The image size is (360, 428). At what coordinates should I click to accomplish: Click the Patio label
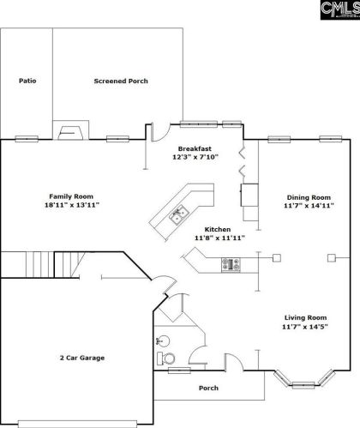pyautogui.click(x=27, y=81)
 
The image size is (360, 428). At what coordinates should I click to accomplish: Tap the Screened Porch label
pyautogui.click(x=121, y=81)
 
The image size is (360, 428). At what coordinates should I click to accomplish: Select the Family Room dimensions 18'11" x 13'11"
pyautogui.click(x=72, y=205)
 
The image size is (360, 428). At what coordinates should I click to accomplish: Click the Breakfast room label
pyautogui.click(x=195, y=148)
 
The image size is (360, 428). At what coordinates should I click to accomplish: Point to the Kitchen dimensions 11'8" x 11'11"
pyautogui.click(x=219, y=238)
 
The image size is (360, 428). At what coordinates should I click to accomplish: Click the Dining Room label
pyautogui.click(x=309, y=197)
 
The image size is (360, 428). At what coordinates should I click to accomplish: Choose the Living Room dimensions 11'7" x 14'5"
pyautogui.click(x=305, y=327)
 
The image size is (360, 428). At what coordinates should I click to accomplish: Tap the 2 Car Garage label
pyautogui.click(x=82, y=358)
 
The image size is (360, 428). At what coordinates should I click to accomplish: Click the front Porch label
pyautogui.click(x=208, y=388)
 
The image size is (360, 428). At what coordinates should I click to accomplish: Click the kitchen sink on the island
pyautogui.click(x=179, y=215)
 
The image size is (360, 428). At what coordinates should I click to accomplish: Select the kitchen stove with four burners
pyautogui.click(x=231, y=265)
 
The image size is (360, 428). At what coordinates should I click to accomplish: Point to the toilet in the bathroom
pyautogui.click(x=166, y=359)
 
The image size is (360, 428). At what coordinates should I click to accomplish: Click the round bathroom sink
pyautogui.click(x=163, y=341)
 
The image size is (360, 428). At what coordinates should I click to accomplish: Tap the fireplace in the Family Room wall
pyautogui.click(x=70, y=130)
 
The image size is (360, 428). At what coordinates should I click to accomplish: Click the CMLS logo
pyautogui.click(x=340, y=9)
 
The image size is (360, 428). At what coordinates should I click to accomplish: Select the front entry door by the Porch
pyautogui.click(x=234, y=363)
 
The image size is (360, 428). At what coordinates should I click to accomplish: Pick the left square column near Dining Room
pyautogui.click(x=277, y=258)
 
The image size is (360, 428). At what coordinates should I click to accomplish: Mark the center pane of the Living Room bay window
pyautogui.click(x=303, y=385)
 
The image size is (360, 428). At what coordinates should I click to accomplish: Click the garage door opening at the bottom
pyautogui.click(x=77, y=424)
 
